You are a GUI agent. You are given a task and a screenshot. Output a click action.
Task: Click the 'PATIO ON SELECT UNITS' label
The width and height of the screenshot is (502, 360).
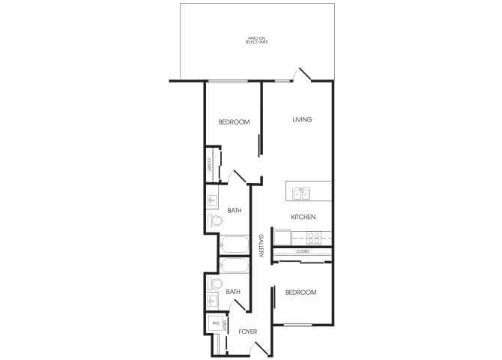click(x=257, y=40)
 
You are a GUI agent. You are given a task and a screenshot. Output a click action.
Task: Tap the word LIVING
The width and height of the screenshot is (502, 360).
click(x=302, y=119)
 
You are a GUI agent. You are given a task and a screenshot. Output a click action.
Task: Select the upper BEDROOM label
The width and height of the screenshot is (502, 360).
click(x=234, y=122)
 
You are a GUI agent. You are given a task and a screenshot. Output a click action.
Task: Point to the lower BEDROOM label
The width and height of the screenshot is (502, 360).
click(x=300, y=292)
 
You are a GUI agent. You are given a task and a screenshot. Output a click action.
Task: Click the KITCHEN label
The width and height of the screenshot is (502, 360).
click(x=303, y=217)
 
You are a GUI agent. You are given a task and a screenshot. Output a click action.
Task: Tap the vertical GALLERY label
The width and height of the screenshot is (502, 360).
click(x=261, y=246)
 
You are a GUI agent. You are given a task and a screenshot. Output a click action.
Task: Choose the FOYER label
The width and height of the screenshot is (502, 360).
click(x=248, y=331)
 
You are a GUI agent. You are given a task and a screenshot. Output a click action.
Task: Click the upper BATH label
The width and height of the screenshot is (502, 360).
click(x=234, y=211)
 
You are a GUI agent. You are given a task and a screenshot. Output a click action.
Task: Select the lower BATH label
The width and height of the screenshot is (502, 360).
click(x=233, y=292)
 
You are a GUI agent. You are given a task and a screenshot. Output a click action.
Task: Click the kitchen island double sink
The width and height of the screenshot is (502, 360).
click(x=301, y=194)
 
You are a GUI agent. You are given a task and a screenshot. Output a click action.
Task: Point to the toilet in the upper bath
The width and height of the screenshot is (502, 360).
click(x=213, y=221)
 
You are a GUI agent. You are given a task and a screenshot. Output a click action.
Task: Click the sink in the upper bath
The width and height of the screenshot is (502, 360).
click(x=212, y=200)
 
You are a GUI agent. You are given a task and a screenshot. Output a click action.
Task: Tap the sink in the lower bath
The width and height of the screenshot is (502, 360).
click(x=213, y=301)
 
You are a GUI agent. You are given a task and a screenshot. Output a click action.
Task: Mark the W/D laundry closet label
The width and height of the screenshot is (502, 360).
click(x=216, y=323)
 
